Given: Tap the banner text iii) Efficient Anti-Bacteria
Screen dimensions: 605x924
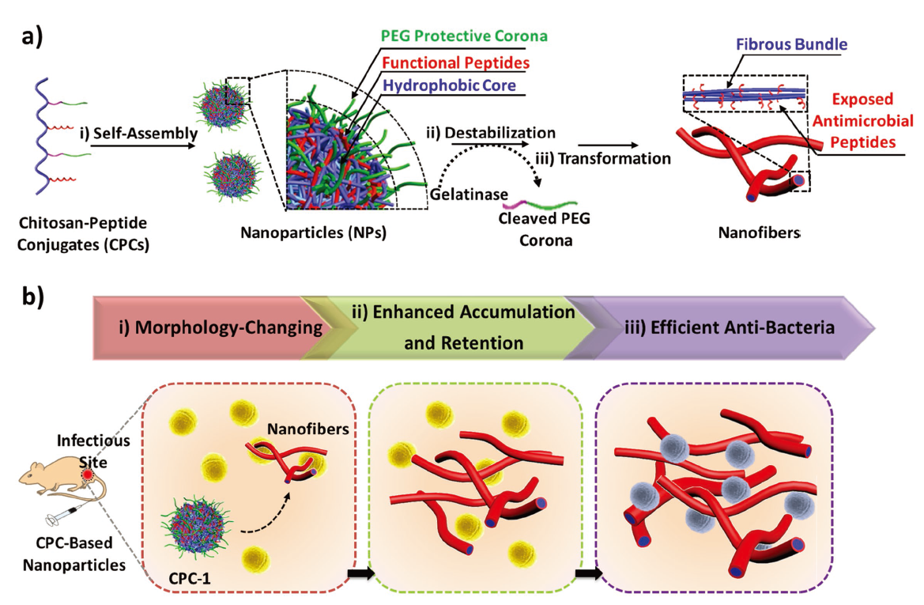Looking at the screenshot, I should tap(729, 326).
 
